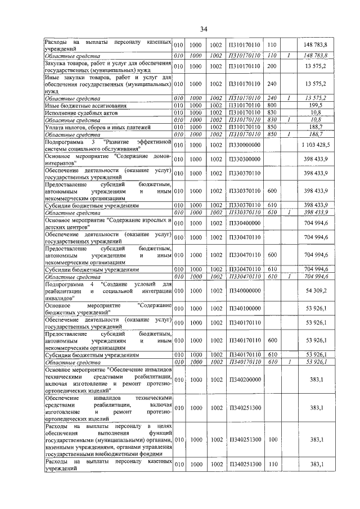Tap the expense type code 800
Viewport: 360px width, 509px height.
[x=272, y=105]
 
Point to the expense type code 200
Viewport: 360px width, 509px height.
[x=272, y=66]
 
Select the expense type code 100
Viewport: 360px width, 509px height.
[x=272, y=440]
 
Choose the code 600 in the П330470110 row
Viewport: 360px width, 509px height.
[x=272, y=255]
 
